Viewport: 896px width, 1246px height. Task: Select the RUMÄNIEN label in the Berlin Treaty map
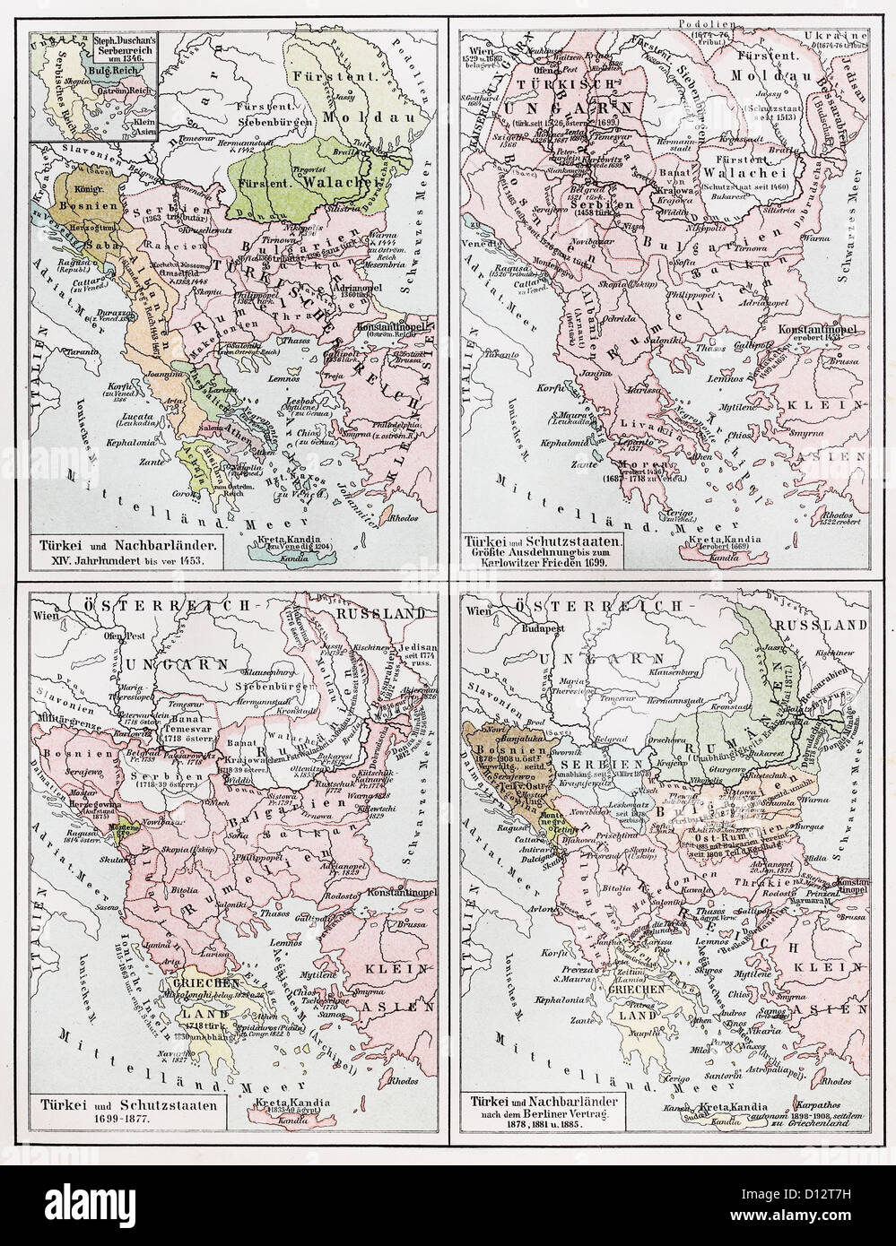[718, 723]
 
